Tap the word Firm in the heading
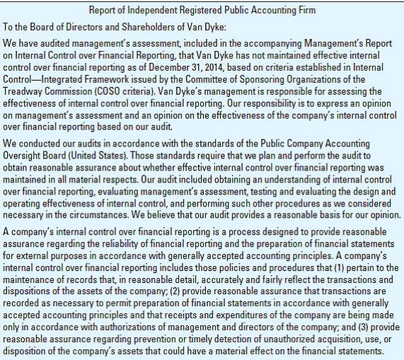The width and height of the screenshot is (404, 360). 304,10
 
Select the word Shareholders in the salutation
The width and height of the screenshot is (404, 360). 139,27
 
